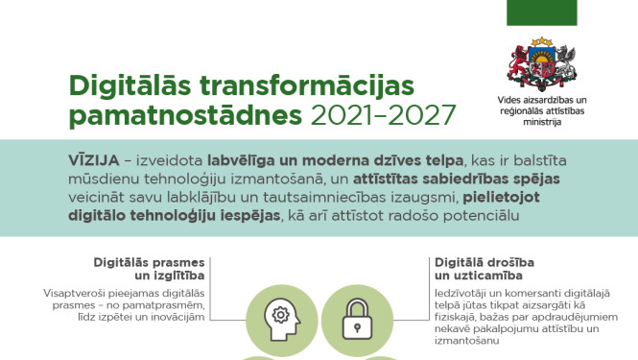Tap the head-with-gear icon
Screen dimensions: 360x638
tap(279, 313)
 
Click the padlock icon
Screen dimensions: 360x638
tap(357, 313)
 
